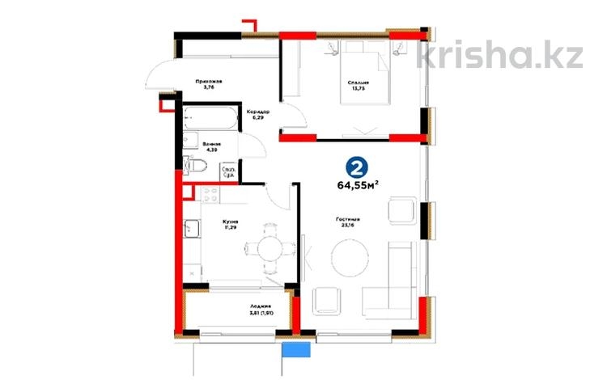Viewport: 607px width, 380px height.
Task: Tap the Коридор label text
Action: click(258, 112)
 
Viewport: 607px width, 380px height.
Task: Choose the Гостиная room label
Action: click(348, 219)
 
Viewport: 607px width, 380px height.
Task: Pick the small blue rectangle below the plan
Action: click(296, 348)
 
